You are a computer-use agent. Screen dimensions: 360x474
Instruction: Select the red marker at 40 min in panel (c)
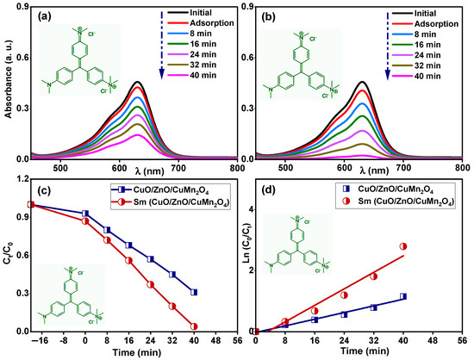[x=194, y=326]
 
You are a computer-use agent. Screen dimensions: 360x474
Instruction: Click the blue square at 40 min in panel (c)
[x=194, y=293]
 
